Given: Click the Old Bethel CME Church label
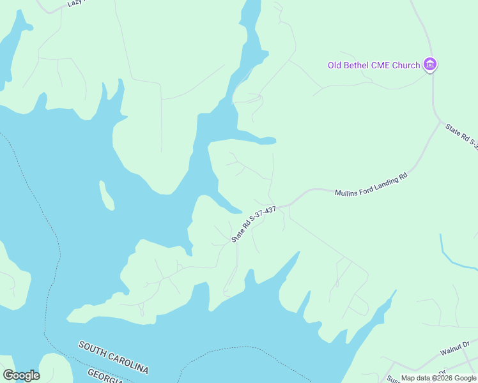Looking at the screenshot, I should click(374, 65).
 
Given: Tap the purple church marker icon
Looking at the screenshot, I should click(431, 64).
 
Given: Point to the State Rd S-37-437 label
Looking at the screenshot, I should click(254, 223).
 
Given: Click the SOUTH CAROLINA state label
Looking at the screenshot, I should click(114, 357).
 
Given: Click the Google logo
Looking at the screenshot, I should click(21, 375).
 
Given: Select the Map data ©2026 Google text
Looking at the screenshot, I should click(439, 378).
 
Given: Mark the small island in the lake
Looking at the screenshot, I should click(107, 195).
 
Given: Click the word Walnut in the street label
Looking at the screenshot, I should click(452, 351).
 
